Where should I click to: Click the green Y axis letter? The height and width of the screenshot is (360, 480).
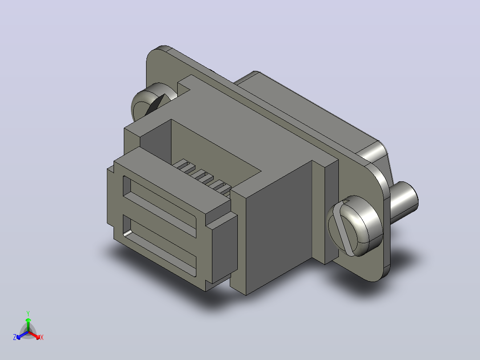pyautogui.click(x=28, y=313)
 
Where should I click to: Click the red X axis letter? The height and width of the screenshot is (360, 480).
pyautogui.click(x=42, y=337)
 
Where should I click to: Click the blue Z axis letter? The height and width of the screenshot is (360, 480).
pyautogui.click(x=15, y=337)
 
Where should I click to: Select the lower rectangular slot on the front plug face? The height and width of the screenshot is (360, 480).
pyautogui.click(x=159, y=245)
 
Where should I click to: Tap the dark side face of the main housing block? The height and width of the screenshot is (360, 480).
pyautogui.click(x=279, y=227)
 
